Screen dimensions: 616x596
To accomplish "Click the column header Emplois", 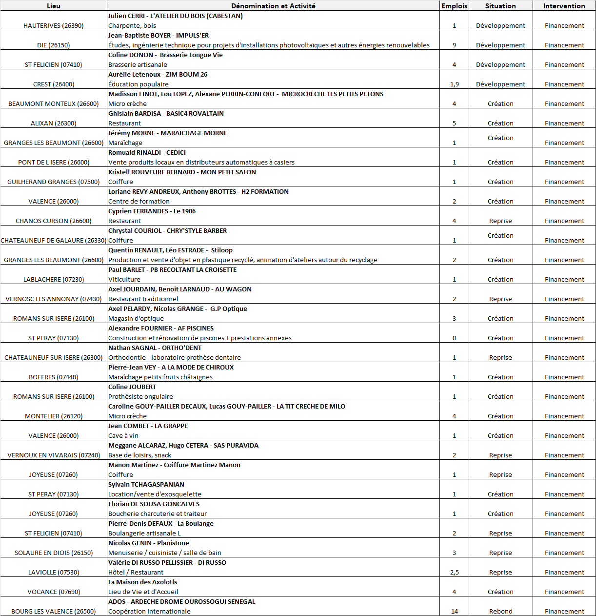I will click(454, 6).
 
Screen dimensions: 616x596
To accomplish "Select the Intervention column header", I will click(564, 6).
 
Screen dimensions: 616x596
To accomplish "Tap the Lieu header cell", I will click(54, 6).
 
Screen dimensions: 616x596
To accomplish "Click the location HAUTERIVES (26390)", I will click(54, 25).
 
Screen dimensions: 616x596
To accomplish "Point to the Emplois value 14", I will click(454, 611).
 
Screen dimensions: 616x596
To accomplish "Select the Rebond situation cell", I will click(500, 611).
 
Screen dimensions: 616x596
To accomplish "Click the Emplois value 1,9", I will click(454, 84).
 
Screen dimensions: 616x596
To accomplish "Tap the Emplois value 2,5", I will click(454, 572).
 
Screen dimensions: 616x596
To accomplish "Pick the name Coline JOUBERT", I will click(132, 387).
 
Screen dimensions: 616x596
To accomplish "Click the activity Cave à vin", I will click(123, 435).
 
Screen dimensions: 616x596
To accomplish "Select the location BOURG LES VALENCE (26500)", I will click(54, 611).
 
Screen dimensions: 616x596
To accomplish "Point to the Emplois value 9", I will click(454, 45).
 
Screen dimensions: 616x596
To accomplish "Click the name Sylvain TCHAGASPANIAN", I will click(146, 484).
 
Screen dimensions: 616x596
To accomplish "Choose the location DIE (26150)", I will click(54, 45).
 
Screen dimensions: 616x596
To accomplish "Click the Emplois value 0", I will click(454, 338).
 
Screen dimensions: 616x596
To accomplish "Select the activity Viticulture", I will click(124, 279).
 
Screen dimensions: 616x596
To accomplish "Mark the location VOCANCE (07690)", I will click(54, 592).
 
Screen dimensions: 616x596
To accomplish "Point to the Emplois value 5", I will click(454, 123).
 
